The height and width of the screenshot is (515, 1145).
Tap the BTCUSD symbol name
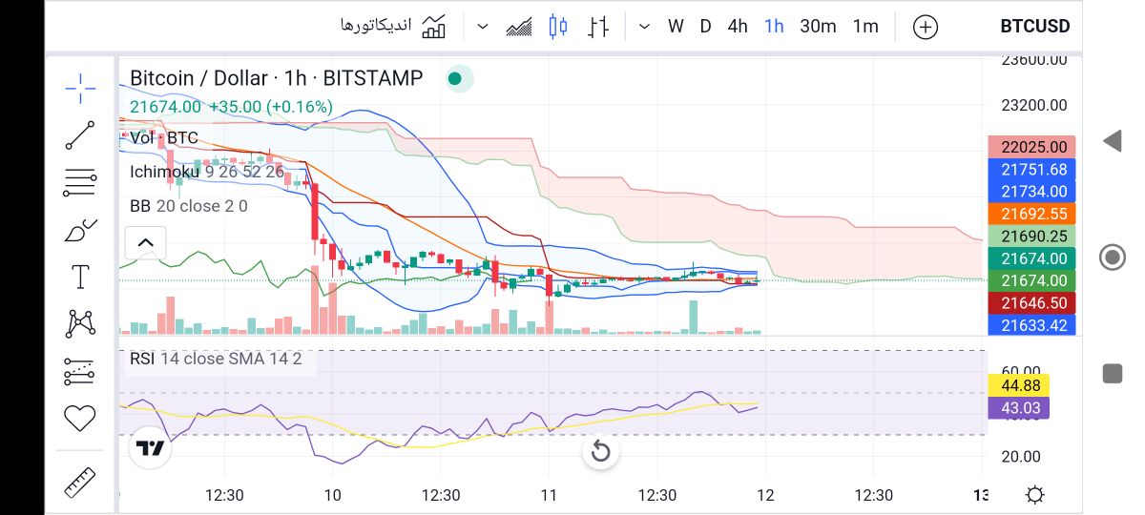1034,27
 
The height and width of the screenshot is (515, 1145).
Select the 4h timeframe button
738,27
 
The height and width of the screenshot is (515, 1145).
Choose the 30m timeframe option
818,27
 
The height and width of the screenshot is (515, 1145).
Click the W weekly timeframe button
676,27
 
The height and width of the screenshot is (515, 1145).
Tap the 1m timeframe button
865,27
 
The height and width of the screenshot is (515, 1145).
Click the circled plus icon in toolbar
926,28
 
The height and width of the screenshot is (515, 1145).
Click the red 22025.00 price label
1032,147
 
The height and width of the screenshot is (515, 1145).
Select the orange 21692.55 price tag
1032,214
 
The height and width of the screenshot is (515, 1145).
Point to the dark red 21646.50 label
1032,302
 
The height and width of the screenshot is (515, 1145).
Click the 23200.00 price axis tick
1034,105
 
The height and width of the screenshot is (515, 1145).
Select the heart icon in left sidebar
80,418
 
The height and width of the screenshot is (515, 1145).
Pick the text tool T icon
80,278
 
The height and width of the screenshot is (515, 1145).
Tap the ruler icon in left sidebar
80,483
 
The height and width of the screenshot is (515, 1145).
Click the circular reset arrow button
600,451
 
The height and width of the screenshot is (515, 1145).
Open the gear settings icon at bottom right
1034,495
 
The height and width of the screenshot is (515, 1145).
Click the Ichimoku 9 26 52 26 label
207,172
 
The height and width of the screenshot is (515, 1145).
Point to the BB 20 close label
189,206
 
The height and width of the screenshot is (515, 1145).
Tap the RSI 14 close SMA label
216,359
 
